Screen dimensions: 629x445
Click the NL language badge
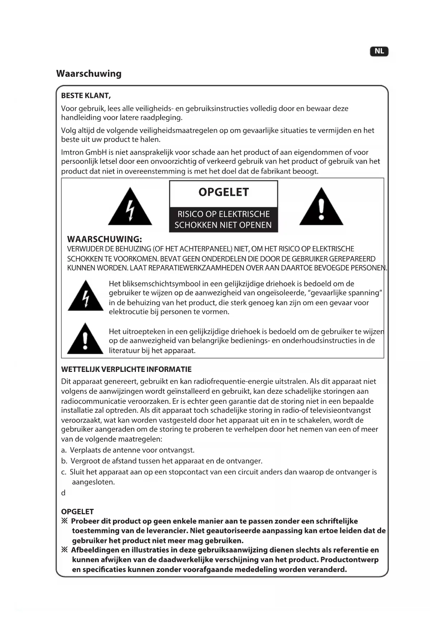(x=379, y=51)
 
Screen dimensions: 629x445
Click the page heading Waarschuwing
(x=89, y=74)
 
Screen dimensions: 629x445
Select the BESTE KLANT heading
(x=86, y=95)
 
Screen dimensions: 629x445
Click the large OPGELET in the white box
(x=223, y=192)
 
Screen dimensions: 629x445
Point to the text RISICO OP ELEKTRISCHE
(x=223, y=214)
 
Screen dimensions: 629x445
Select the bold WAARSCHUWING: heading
(x=104, y=239)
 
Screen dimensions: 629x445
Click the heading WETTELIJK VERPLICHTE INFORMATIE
(x=126, y=369)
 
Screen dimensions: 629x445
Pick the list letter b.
(x=64, y=461)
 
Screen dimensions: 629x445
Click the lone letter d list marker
(x=63, y=493)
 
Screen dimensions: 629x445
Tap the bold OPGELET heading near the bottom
(x=77, y=512)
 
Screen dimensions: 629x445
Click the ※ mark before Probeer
(x=65, y=521)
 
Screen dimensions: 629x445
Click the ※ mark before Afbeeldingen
(x=65, y=550)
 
